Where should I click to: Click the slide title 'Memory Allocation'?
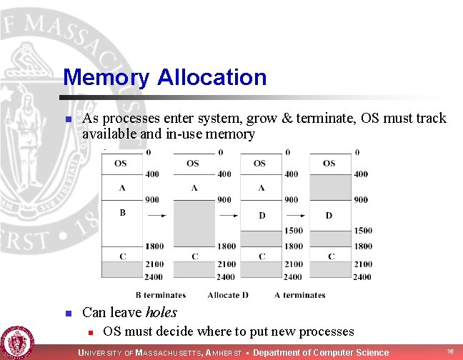165,77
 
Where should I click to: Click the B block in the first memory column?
122,224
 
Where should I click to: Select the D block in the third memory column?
262,216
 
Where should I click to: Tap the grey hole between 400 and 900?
330,187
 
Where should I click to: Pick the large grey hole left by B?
194,224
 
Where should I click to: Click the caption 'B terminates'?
161,295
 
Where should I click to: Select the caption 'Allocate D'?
228,295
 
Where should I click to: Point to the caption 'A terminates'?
299,295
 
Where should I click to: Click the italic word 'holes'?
161,312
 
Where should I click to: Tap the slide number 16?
450,351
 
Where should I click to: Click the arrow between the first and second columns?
157,216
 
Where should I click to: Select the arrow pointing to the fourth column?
296,216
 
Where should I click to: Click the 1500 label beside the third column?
294,231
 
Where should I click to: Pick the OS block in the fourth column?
330,164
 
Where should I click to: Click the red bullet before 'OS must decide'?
91,333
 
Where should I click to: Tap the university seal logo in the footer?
17,343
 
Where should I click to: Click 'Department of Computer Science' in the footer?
321,353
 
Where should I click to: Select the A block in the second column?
194,188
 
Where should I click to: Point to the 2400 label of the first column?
154,277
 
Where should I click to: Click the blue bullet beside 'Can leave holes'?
69,313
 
